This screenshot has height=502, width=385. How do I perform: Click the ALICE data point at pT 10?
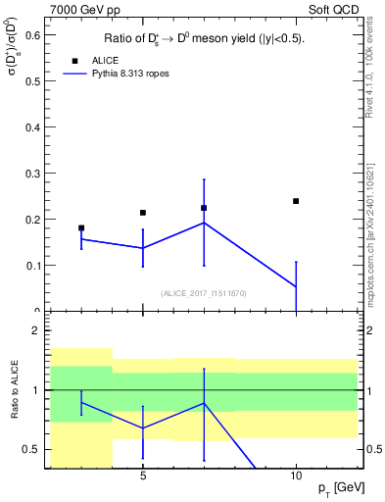(296, 201)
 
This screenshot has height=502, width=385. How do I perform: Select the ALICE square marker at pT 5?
(143, 213)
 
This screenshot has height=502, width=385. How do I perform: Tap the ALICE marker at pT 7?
(204, 208)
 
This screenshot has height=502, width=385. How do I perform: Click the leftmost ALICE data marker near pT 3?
(81, 227)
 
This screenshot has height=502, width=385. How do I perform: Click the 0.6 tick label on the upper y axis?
(31, 35)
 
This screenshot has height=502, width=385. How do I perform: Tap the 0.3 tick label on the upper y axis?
(31, 174)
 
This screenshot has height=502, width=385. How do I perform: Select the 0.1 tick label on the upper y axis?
(31, 266)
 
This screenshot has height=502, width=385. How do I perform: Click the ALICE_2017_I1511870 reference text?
(203, 293)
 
